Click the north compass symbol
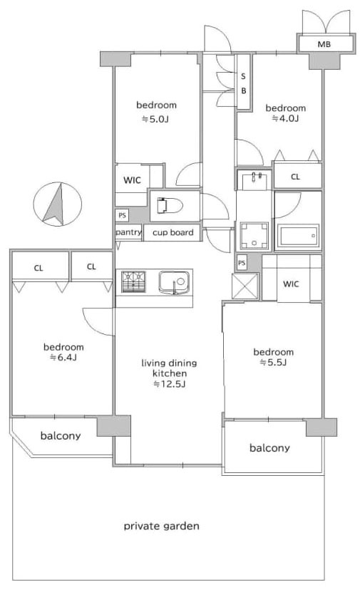pyautogui.click(x=57, y=204)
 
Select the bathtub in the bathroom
pyautogui.click(x=297, y=236)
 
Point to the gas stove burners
pyautogui.click(x=134, y=281)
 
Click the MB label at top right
pyautogui.click(x=324, y=45)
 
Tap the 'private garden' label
pyautogui.click(x=162, y=526)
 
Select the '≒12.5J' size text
pyautogui.click(x=169, y=384)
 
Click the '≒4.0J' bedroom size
pyautogui.click(x=285, y=118)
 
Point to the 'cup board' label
pyautogui.click(x=173, y=232)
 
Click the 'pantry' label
pyautogui.click(x=129, y=232)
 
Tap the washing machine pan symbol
pyautogui.click(x=254, y=236)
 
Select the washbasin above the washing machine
pyautogui.click(x=254, y=180)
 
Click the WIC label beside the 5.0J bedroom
pyautogui.click(x=132, y=180)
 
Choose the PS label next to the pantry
pyautogui.click(x=122, y=215)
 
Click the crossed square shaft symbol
pyautogui.click(x=245, y=286)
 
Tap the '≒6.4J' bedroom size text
pyautogui.click(x=63, y=358)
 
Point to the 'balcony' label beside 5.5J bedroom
pyautogui.click(x=269, y=447)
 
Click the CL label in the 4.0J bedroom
pyautogui.click(x=295, y=177)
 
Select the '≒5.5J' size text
pyautogui.click(x=273, y=363)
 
